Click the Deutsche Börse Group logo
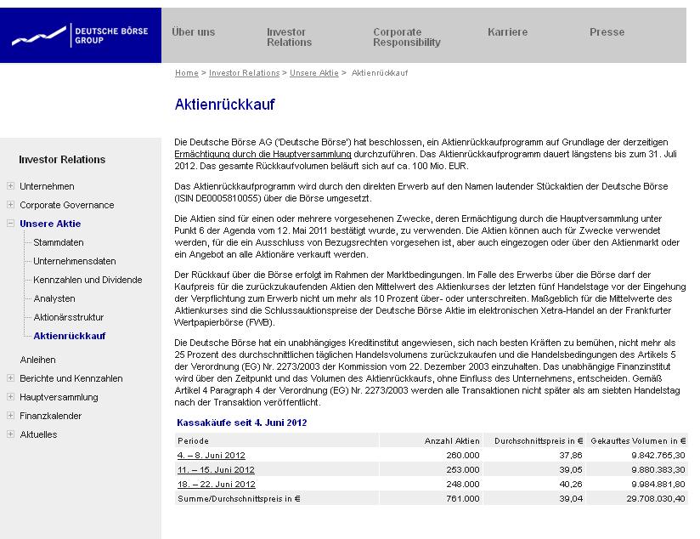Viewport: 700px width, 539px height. (80, 36)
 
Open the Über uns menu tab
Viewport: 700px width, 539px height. (193, 32)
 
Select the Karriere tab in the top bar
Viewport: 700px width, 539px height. (507, 32)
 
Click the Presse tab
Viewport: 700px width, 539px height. (607, 32)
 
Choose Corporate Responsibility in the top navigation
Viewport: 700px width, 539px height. (406, 37)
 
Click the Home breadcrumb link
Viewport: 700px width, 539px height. (186, 73)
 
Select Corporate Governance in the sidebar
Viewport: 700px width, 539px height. (66, 205)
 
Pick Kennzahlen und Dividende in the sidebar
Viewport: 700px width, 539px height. (87, 280)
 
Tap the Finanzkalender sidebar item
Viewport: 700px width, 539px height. (50, 416)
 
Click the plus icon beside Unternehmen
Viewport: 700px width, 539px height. (10, 186)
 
